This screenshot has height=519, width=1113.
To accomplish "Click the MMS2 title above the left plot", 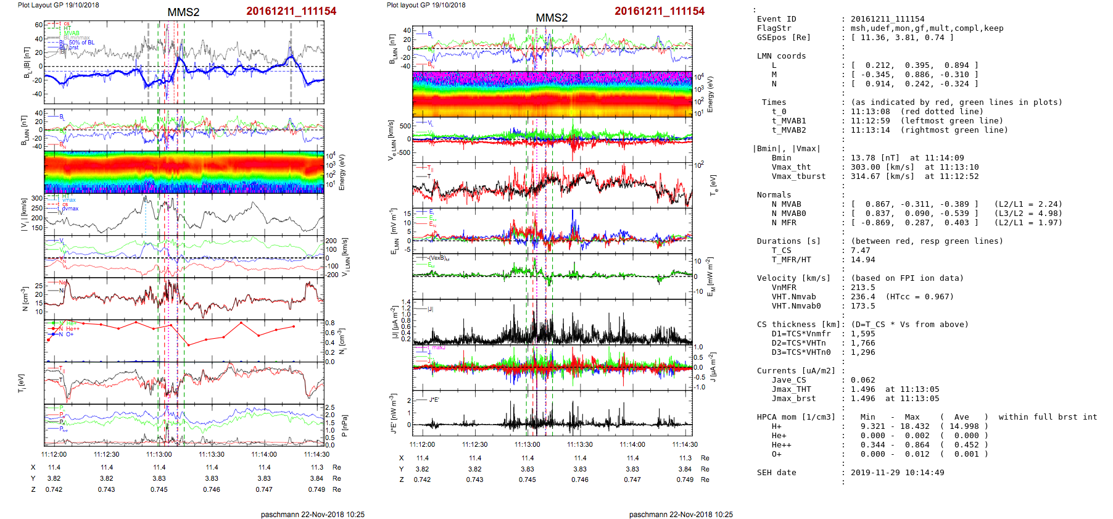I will click(x=183, y=12).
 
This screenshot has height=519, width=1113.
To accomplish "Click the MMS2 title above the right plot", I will click(x=552, y=18).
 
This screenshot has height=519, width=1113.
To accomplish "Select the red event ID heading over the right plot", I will click(x=659, y=11).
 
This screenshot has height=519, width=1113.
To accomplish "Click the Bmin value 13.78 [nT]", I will click(x=875, y=158).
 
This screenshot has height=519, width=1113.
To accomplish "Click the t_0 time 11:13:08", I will click(x=870, y=112).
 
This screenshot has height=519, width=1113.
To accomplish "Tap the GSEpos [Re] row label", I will click(x=784, y=38).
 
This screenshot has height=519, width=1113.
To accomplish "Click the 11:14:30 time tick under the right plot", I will click(x=685, y=444).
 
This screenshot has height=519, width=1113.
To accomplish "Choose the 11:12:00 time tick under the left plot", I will click(x=54, y=454).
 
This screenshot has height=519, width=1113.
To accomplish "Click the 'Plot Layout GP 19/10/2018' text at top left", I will click(x=58, y=5).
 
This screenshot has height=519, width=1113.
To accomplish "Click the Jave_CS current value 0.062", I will click(x=863, y=380).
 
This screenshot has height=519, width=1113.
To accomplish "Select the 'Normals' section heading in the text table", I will click(x=774, y=195).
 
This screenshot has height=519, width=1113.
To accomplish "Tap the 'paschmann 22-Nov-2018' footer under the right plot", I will click(x=681, y=514).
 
